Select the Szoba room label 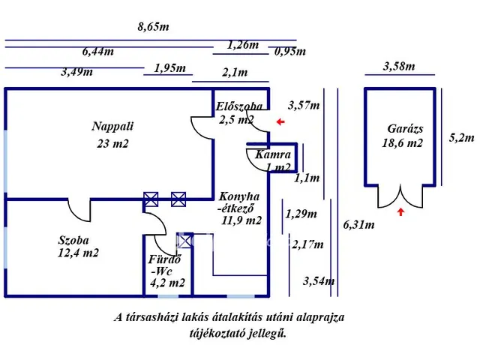pyautogui.click(x=73, y=241)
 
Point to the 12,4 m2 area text pyautogui.click(x=79, y=253)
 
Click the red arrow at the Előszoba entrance pyautogui.click(x=280, y=121)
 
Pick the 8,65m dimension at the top pyautogui.click(x=153, y=28)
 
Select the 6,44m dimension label pyautogui.click(x=98, y=52)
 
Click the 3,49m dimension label pyautogui.click(x=76, y=72)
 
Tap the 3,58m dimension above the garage pyautogui.click(x=398, y=66)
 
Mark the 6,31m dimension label pyautogui.click(x=359, y=224)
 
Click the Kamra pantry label pyautogui.click(x=272, y=155)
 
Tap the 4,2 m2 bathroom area pyautogui.click(x=168, y=283)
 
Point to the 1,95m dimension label pyautogui.click(x=169, y=68)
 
